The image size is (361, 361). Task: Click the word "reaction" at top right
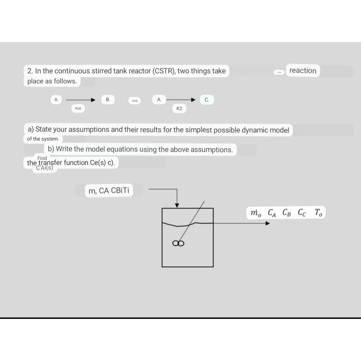[x=303, y=71]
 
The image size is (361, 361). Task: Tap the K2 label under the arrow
[x=179, y=109]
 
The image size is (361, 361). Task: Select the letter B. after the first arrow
[x=108, y=99]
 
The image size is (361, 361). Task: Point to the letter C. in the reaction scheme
[x=207, y=100]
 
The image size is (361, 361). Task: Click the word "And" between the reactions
[x=135, y=101]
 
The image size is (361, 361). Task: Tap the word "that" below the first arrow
[x=78, y=108]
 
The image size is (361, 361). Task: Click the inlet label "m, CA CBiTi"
[x=109, y=191]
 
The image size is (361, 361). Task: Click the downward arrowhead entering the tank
[x=177, y=205]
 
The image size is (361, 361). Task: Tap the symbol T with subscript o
[x=318, y=213]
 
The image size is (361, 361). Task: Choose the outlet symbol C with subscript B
[x=286, y=213]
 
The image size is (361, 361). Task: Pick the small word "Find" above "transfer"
[x=42, y=158]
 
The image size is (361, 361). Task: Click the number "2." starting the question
[x=30, y=71]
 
